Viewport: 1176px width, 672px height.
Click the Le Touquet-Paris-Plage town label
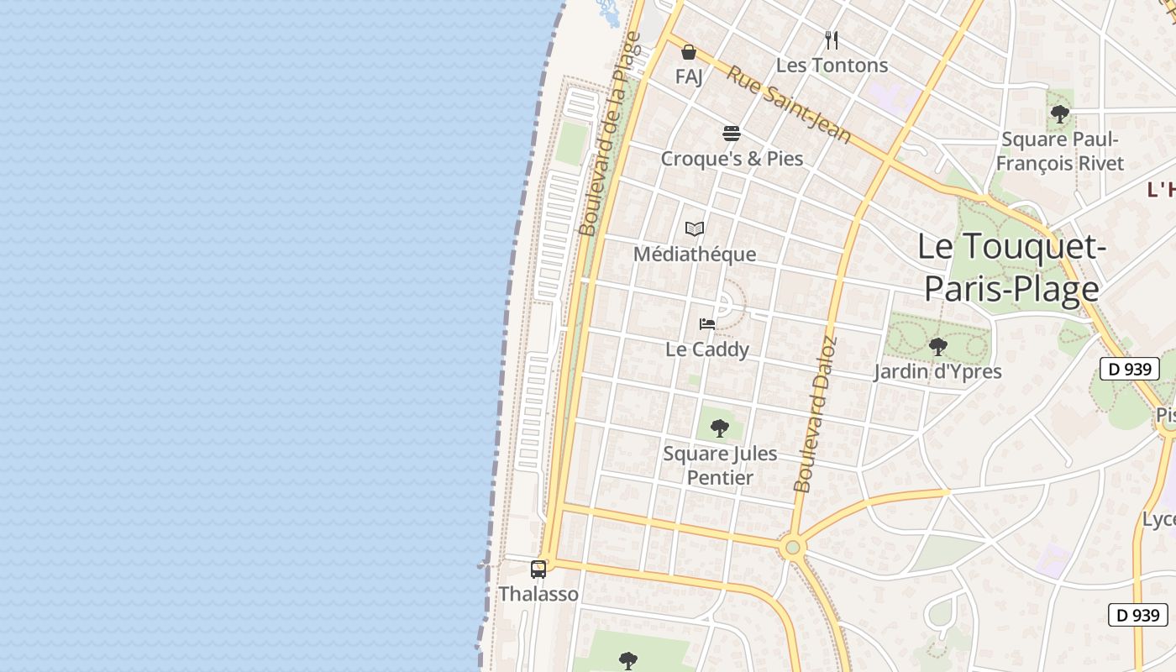1011,267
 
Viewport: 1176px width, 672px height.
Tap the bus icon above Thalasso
538,570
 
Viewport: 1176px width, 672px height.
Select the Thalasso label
538,594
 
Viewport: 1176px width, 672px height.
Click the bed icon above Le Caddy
707,324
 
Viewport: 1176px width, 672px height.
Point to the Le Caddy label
707,349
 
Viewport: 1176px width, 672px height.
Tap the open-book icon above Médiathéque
695,228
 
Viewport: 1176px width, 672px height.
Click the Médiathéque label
695,254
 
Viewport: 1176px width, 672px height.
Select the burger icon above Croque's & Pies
732,134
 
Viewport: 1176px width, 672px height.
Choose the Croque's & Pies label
732,159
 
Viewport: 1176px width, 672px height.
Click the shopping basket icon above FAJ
689,52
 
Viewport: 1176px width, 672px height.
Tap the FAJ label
689,76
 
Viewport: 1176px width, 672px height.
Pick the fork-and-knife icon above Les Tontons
832,39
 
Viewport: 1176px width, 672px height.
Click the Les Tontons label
832,65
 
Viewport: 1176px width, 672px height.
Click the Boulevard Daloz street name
816,414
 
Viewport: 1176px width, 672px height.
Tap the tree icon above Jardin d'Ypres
937,346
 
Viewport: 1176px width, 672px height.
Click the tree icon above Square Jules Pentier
720,428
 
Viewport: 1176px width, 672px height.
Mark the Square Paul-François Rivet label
1060,151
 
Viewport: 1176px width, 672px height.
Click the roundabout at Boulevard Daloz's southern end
791,548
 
